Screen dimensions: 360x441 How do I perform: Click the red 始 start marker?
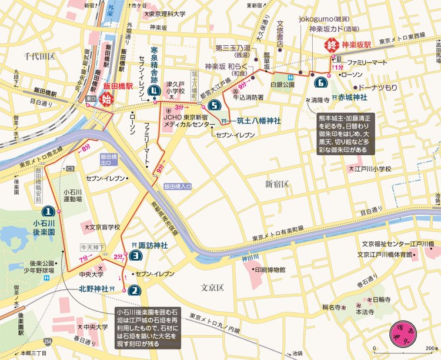click(x=107, y=98)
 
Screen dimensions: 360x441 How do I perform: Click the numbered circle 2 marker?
click(x=134, y=289)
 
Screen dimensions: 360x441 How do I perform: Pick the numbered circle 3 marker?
click(x=135, y=256)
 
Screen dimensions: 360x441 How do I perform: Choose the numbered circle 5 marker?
click(x=213, y=106)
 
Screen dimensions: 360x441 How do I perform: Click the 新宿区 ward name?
click(x=276, y=184)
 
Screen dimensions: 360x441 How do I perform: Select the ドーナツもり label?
click(x=378, y=86)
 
